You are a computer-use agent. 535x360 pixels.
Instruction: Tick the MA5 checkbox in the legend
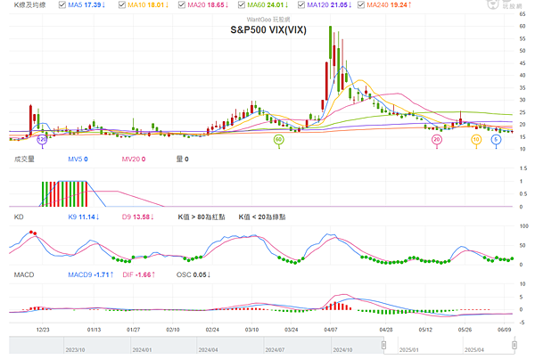pos(63,5)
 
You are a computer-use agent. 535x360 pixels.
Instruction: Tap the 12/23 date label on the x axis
pos(43,329)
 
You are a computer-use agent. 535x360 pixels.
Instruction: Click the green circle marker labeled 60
pos(279,139)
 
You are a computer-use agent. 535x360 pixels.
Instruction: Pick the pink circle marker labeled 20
pos(437,139)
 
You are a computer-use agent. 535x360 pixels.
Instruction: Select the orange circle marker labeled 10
pos(477,139)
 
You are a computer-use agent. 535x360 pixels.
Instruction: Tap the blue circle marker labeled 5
pos(496,139)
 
